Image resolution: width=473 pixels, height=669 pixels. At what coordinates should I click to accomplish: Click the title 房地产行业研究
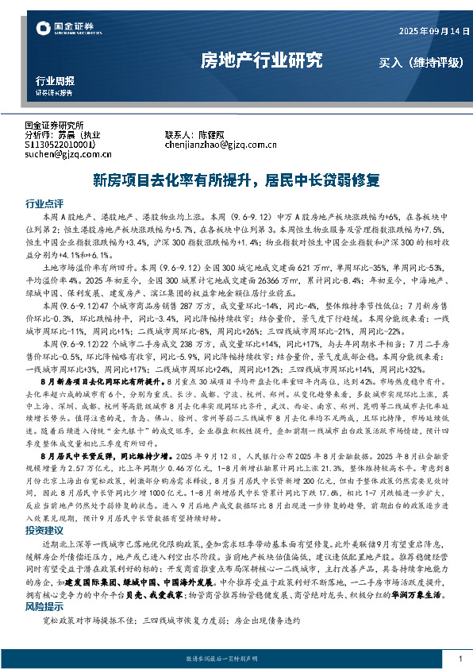point(261,59)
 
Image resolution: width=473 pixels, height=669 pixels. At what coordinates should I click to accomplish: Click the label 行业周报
point(56,80)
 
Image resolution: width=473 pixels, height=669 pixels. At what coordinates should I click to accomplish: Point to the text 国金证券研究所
point(55,126)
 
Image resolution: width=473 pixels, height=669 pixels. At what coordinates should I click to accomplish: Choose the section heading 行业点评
point(44,203)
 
